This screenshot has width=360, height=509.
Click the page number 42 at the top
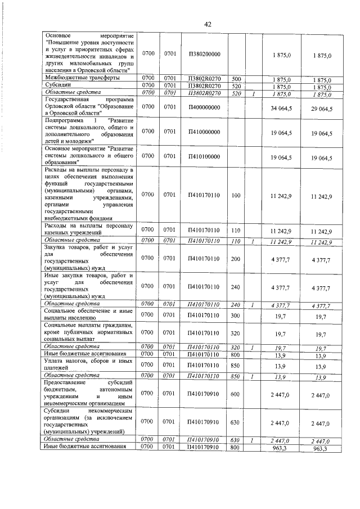(207, 24)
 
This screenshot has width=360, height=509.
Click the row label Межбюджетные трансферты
(82, 79)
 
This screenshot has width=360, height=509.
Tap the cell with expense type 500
(236, 79)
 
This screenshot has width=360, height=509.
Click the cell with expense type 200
(236, 258)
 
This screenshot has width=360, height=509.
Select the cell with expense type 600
(236, 395)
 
